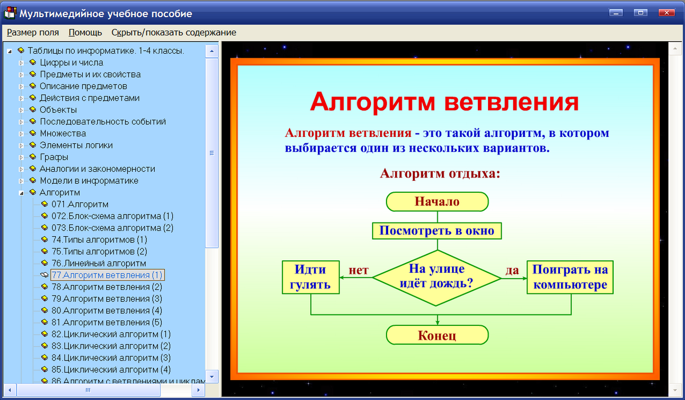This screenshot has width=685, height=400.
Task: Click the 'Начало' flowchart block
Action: [437, 201]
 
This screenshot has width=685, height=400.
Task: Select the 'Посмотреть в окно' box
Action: [437, 231]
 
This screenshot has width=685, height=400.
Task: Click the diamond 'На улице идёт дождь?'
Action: [437, 276]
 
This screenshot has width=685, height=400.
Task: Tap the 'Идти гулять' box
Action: [311, 277]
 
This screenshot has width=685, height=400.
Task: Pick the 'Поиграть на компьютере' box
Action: [570, 277]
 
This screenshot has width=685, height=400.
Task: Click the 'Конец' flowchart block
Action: [437, 335]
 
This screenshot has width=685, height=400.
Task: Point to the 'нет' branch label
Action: [358, 270]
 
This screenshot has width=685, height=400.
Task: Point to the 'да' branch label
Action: [512, 270]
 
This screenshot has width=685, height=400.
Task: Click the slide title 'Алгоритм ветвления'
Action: [444, 102]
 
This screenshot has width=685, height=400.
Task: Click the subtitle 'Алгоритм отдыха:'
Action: [440, 173]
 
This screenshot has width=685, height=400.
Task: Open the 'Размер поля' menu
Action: [33, 33]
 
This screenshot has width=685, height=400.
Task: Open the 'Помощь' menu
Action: [86, 33]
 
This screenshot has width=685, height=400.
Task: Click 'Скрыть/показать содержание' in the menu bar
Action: [174, 33]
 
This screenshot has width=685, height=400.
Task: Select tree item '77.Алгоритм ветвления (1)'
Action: [107, 275]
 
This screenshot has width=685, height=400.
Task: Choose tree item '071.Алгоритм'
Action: [80, 204]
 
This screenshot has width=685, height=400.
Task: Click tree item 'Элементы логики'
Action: [76, 145]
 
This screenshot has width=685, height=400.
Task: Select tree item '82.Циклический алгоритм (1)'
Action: [111, 334]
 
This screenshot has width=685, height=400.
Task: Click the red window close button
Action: [665, 13]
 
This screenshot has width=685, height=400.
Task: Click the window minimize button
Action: [615, 13]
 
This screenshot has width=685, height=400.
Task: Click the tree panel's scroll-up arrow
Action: [212, 51]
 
